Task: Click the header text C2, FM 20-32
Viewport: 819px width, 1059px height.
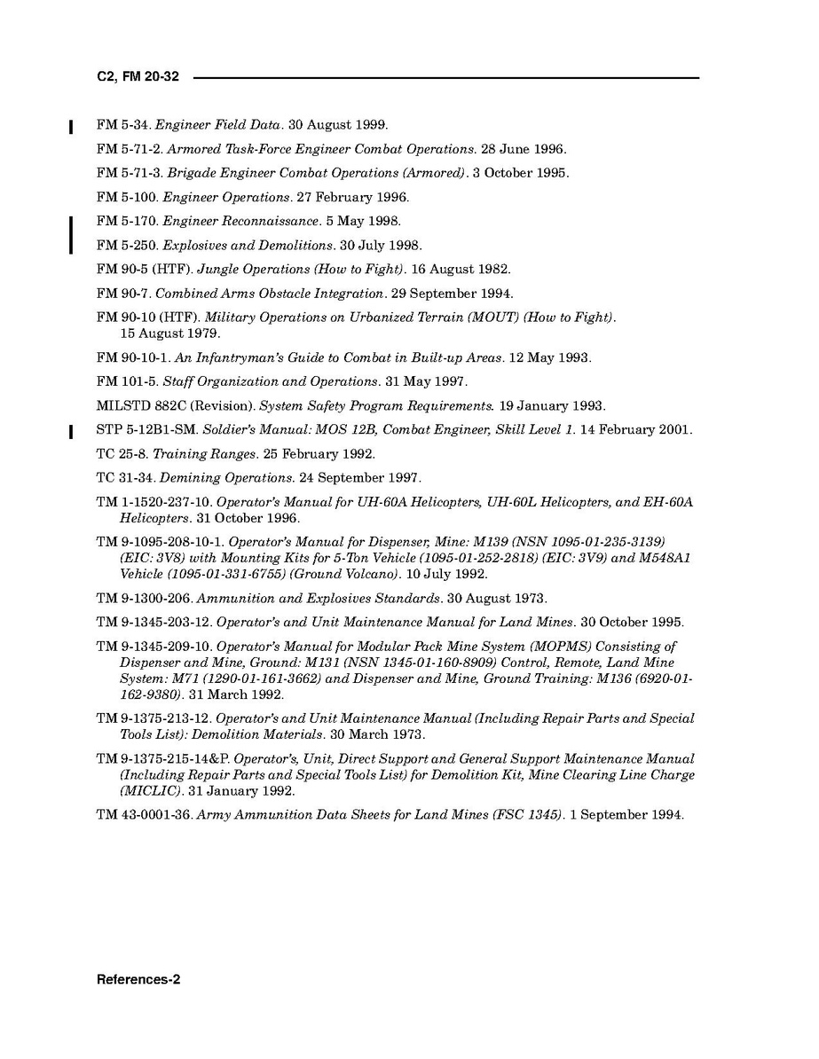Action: pyautogui.click(x=138, y=77)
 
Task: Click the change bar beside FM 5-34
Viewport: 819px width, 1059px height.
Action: pyautogui.click(x=71, y=126)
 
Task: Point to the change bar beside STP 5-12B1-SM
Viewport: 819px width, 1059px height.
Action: pyautogui.click(x=71, y=432)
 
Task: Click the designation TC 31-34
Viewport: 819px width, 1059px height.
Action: pyautogui.click(x=125, y=478)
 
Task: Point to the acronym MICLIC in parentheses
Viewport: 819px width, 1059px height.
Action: pyautogui.click(x=151, y=791)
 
